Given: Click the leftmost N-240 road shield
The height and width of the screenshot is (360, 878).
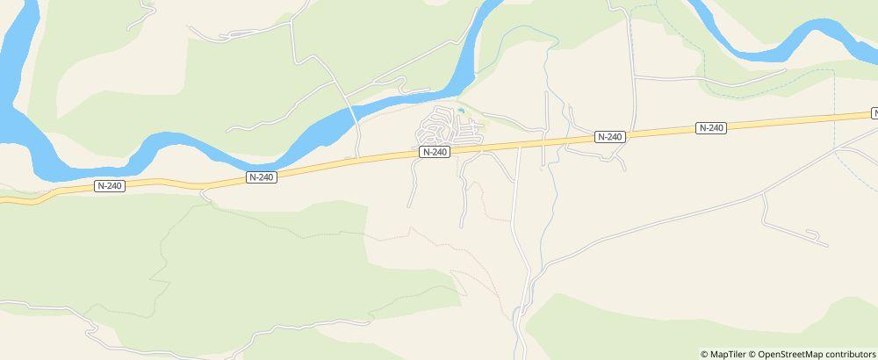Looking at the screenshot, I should click(109, 185).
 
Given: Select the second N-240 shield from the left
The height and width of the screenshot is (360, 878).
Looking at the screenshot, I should click(261, 176).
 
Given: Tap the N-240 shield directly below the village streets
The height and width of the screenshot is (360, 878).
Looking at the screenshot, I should click(435, 152).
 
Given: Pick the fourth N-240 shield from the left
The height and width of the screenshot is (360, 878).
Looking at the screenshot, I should click(609, 137).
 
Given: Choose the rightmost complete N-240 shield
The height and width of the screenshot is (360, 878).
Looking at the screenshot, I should click(710, 128).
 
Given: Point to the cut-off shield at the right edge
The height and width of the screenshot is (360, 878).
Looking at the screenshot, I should click(874, 113).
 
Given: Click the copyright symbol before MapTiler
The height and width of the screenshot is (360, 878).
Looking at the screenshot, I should click(704, 354).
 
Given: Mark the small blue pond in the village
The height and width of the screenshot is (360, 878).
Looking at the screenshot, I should click(460, 112).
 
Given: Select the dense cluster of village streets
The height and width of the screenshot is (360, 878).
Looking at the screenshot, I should click(443, 128).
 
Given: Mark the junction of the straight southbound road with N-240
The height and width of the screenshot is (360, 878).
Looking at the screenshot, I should click(518, 146).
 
